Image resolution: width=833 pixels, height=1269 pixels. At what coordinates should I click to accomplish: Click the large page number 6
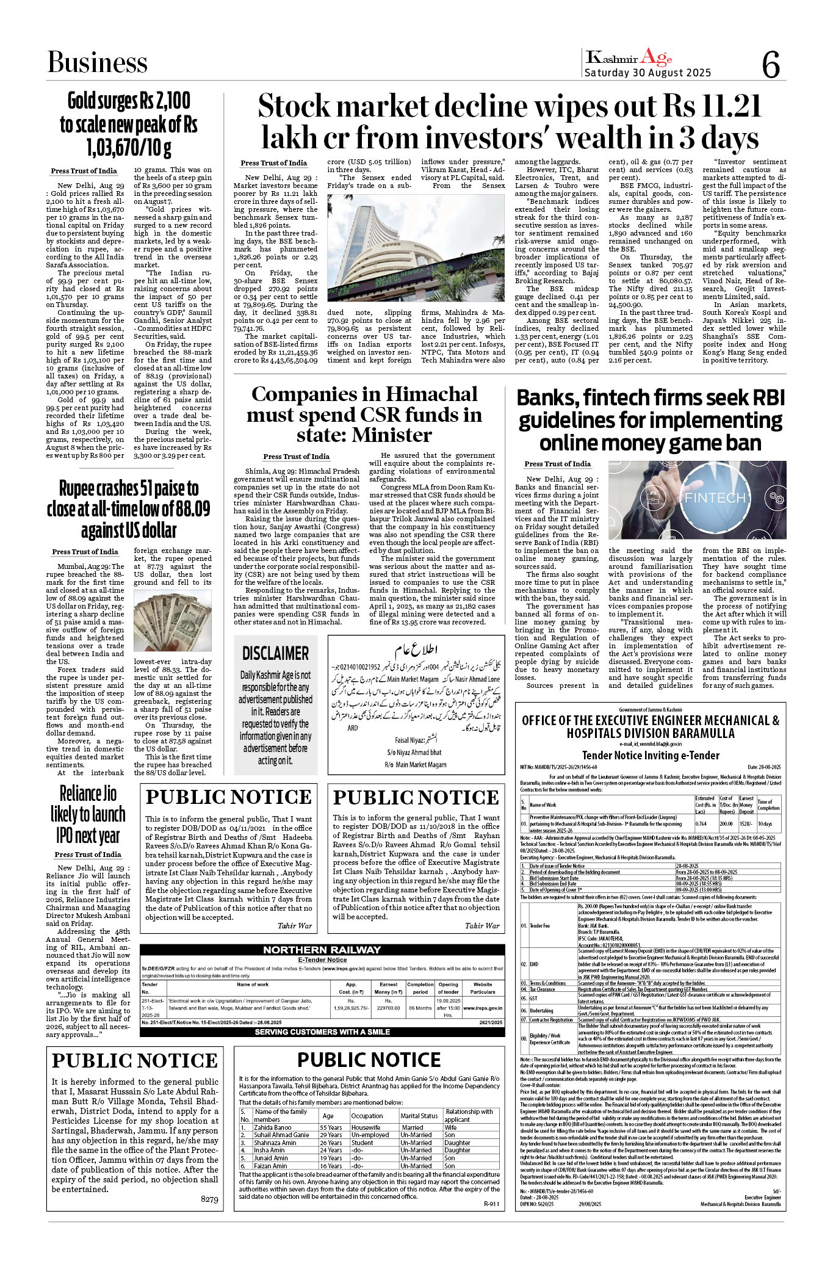(771, 65)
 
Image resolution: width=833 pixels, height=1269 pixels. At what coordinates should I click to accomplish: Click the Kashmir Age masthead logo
(629, 58)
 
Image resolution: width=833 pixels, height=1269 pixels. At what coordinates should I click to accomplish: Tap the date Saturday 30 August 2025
(647, 73)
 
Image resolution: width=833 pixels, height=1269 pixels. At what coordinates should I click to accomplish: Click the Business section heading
(98, 62)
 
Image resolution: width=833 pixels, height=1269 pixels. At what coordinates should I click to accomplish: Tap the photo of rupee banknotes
(172, 622)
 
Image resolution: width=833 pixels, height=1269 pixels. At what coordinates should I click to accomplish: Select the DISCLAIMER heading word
(275, 653)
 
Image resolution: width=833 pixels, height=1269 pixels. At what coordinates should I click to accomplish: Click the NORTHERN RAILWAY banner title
(322, 950)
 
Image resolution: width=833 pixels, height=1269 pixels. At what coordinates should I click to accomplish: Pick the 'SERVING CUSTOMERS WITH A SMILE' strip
(322, 1032)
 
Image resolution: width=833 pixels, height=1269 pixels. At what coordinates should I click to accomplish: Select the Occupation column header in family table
(367, 1116)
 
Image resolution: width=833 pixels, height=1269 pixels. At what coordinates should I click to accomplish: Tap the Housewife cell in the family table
(366, 1127)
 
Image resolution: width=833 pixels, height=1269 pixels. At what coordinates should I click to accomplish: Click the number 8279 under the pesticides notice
(209, 1199)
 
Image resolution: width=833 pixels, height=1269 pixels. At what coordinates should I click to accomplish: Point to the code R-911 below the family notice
(491, 1204)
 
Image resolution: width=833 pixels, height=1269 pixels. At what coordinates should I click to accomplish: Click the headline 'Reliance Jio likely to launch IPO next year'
(88, 815)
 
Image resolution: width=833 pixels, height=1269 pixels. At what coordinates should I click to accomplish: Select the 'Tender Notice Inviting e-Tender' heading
(651, 755)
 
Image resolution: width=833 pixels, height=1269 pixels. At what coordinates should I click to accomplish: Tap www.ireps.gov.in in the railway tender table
(483, 1008)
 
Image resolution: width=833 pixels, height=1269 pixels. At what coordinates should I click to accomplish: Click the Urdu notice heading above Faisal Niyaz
(416, 648)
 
